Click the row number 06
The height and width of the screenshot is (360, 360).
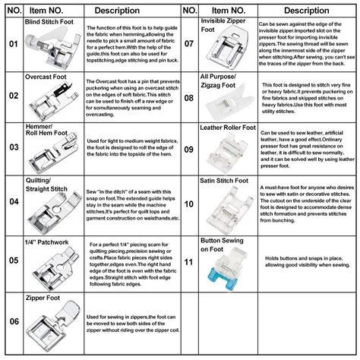[x=13, y=323]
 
